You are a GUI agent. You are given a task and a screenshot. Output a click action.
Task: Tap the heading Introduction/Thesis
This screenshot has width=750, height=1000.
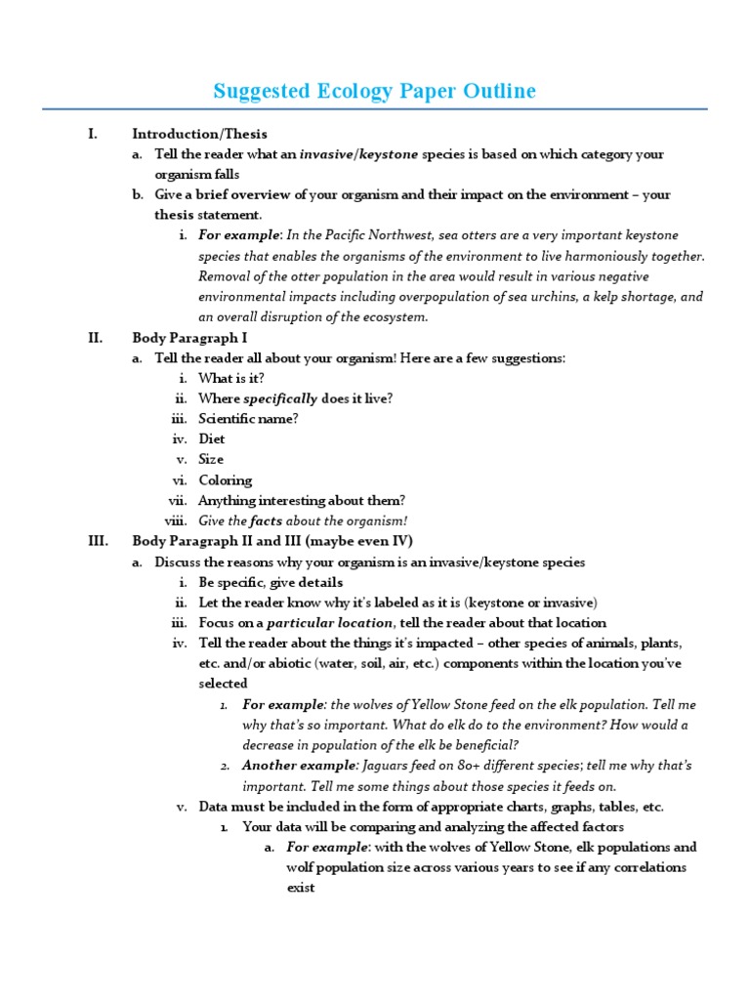(199, 134)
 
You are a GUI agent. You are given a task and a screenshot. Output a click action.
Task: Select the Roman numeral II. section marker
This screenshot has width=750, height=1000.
(95, 338)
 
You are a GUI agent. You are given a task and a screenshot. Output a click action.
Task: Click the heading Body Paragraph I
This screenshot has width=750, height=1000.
(189, 338)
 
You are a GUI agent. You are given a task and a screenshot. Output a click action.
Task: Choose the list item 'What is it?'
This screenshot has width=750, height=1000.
(230, 378)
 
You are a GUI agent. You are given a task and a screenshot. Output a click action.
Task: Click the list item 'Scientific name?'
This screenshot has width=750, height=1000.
(248, 419)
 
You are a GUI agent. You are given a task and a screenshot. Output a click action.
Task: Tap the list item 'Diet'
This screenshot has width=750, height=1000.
(212, 439)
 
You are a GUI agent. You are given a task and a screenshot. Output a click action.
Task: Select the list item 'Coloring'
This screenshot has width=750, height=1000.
(225, 480)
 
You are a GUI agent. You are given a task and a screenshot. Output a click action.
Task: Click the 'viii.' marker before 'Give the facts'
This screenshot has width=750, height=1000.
(176, 521)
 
